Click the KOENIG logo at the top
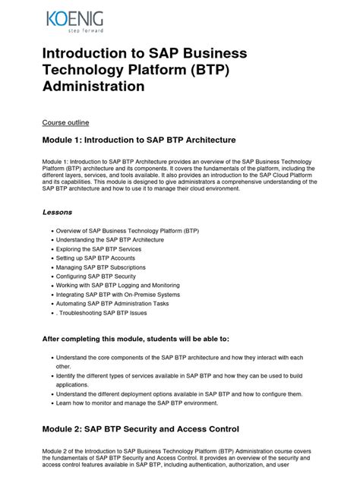click(74, 17)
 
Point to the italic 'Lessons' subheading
click(57, 213)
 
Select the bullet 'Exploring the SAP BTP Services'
click(99, 248)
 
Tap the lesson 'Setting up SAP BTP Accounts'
click(95, 257)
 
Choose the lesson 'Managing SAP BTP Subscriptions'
click(101, 267)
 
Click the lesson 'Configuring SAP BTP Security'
click(96, 276)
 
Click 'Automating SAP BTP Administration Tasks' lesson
click(114, 303)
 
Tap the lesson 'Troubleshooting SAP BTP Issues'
click(102, 312)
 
